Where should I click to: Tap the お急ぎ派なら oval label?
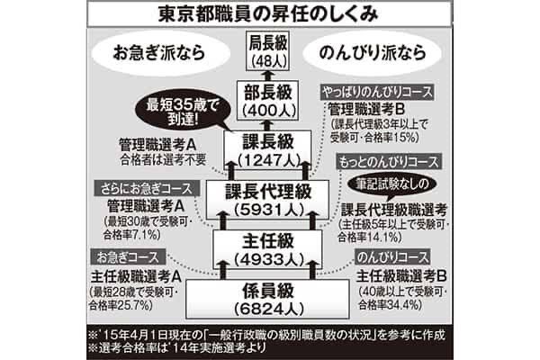coord(151,52)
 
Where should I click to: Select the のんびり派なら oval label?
coord(387,52)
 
